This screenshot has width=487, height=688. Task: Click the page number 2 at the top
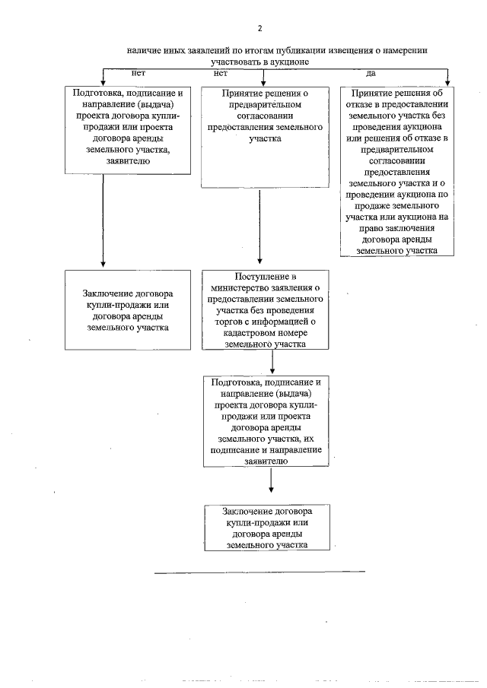click(259, 29)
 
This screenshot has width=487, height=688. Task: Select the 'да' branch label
click(371, 73)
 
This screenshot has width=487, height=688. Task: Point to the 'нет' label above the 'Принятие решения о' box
click(221, 73)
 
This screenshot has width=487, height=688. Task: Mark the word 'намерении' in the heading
click(405, 49)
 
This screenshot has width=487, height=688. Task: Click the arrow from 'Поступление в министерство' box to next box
click(272, 362)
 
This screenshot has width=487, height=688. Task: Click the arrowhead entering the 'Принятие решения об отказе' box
click(447, 79)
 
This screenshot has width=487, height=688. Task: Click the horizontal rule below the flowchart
click(259, 571)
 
